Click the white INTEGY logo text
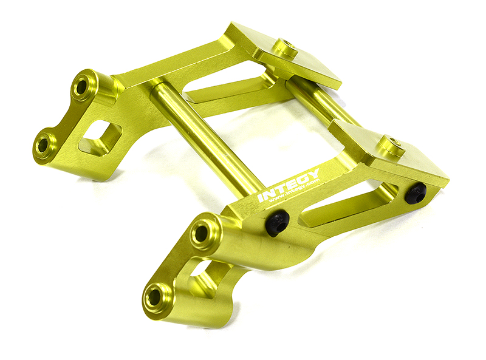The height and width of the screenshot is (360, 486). (289, 186)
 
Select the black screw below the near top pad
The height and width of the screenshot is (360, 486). (416, 193)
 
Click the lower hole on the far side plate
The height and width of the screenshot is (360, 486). (44, 144)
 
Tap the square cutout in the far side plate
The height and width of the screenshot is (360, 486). (100, 135)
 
